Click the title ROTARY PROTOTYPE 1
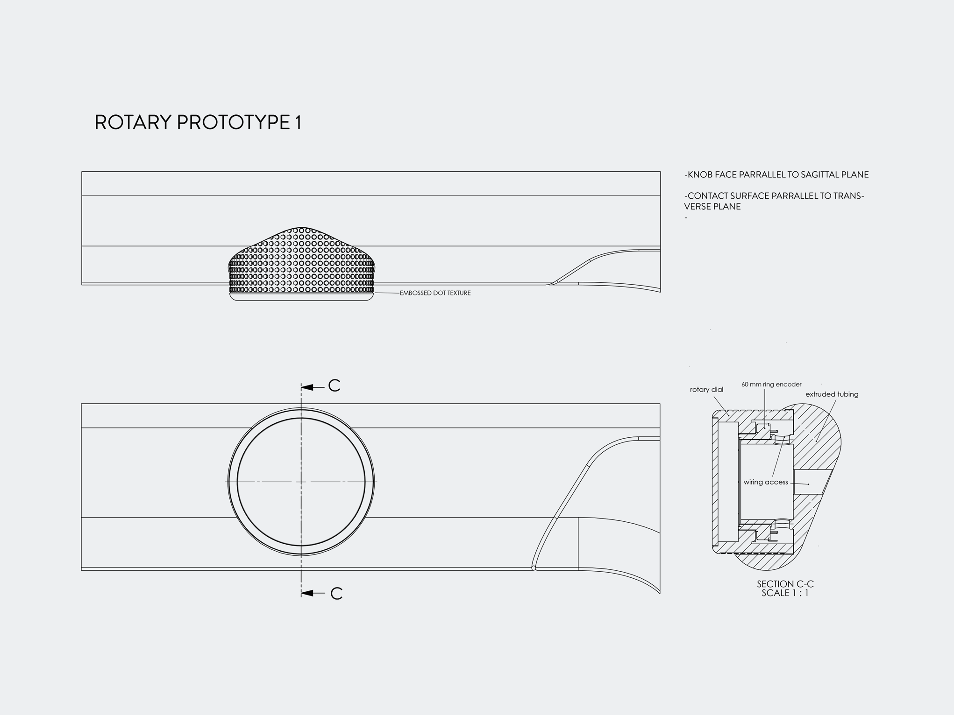click(198, 122)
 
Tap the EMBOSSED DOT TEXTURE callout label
click(435, 293)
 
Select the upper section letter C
click(334, 386)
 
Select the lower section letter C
click(336, 594)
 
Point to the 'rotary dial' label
click(706, 390)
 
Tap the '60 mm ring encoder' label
click(771, 385)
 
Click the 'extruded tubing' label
click(832, 394)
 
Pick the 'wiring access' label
click(766, 482)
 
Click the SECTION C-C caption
click(785, 584)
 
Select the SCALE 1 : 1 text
click(785, 593)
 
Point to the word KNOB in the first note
click(698, 175)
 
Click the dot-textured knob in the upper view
click(301, 264)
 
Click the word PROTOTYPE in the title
click(234, 122)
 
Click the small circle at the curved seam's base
click(534, 568)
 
